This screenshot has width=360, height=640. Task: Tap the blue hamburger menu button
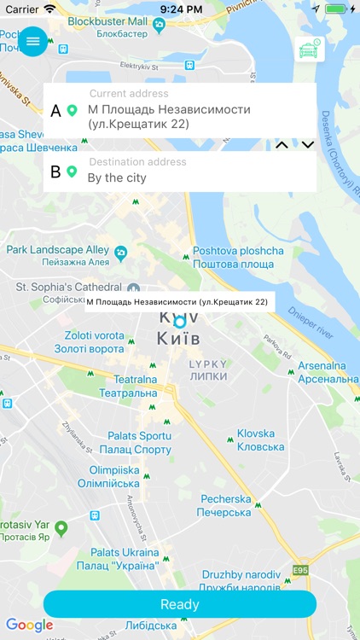(x=33, y=41)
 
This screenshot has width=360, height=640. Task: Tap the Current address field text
(x=169, y=117)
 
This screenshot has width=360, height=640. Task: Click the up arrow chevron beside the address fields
(x=282, y=146)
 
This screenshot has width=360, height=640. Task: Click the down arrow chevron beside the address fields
(x=308, y=146)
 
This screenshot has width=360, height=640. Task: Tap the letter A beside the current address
(x=56, y=111)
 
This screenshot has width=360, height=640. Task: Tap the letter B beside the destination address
(x=56, y=172)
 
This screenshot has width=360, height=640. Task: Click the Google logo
(x=29, y=625)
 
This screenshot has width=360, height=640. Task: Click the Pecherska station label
(x=224, y=505)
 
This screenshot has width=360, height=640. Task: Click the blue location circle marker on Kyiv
(x=179, y=322)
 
